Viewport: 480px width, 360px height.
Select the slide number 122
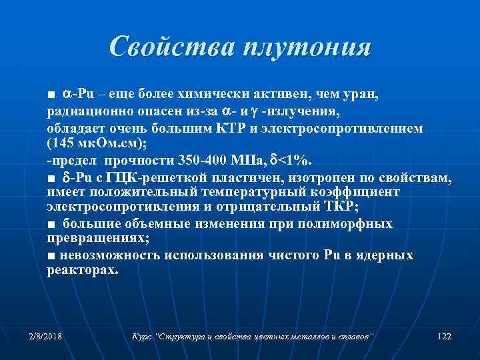(444, 335)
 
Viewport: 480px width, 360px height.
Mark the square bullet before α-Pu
(51, 96)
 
